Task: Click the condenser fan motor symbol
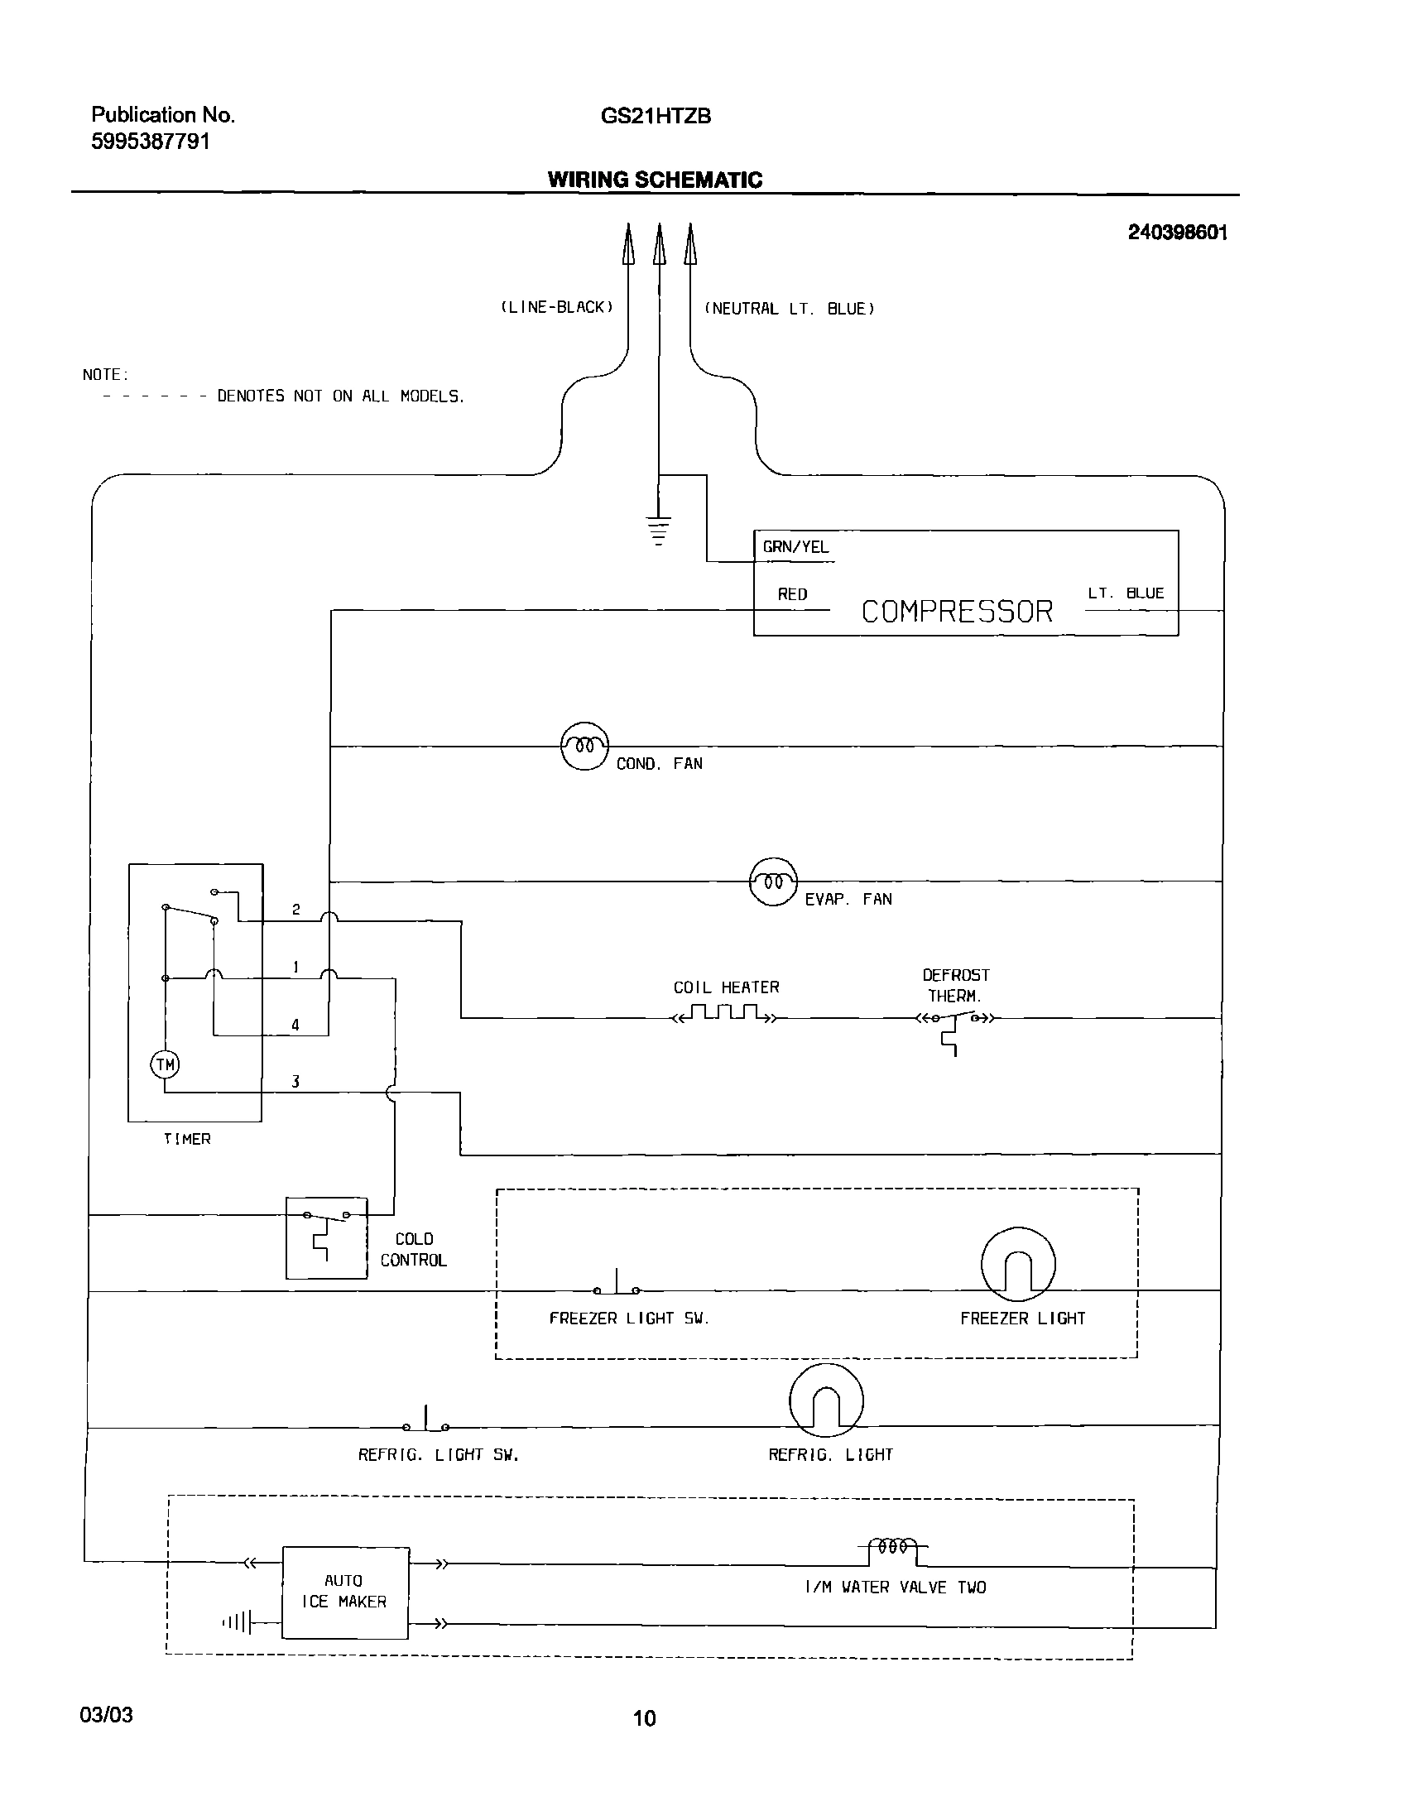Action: click(584, 746)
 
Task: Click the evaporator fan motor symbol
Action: click(772, 881)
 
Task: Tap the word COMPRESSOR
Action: click(957, 612)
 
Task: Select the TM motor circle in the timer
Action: click(165, 1064)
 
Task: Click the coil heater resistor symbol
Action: click(724, 1014)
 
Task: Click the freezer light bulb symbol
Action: click(1018, 1264)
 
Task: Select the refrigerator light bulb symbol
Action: click(825, 1400)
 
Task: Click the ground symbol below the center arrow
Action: click(658, 531)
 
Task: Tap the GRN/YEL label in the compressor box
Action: click(795, 547)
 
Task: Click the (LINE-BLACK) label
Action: click(557, 307)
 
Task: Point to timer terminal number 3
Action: click(295, 1081)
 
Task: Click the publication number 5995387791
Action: click(150, 142)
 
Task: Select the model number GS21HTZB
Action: click(656, 116)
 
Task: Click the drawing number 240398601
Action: click(1176, 233)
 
